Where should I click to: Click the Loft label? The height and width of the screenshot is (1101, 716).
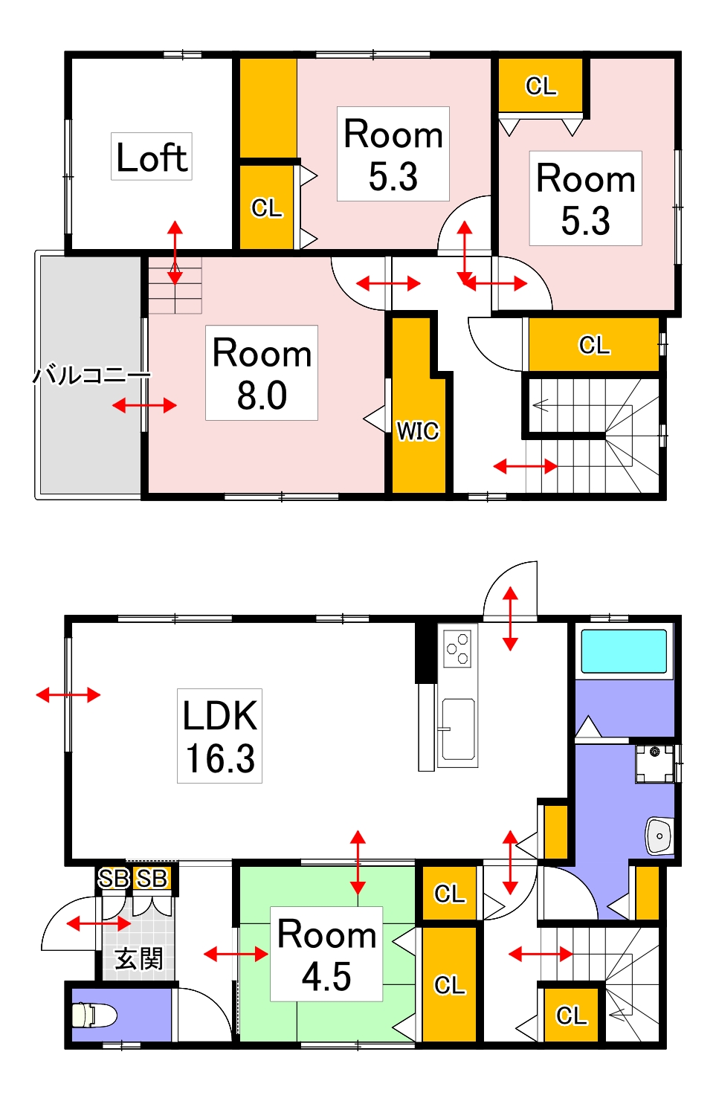click(152, 158)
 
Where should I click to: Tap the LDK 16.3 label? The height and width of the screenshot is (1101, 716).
click(219, 736)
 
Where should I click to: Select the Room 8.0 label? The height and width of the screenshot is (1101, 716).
click(262, 373)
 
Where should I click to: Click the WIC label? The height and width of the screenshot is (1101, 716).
click(417, 431)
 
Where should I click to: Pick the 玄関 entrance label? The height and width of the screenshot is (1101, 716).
click(138, 959)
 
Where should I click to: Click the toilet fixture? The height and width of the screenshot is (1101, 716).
click(94, 1016)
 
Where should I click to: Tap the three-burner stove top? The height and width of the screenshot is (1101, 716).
click(457, 649)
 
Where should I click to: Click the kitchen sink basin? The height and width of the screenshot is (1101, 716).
click(457, 729)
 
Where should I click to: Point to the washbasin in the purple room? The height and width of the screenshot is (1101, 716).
click(659, 835)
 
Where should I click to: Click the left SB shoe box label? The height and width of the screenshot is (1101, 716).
click(114, 879)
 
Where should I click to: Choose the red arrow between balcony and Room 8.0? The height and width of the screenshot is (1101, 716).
click(144, 405)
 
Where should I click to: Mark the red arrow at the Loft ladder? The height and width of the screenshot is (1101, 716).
click(175, 252)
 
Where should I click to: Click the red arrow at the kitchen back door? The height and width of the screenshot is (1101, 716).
click(510, 619)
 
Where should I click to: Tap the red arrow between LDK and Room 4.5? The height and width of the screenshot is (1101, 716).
click(358, 862)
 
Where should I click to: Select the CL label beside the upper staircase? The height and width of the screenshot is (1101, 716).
click(593, 345)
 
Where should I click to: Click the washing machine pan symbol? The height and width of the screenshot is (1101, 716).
click(654, 763)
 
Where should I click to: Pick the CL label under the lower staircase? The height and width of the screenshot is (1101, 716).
click(571, 1016)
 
